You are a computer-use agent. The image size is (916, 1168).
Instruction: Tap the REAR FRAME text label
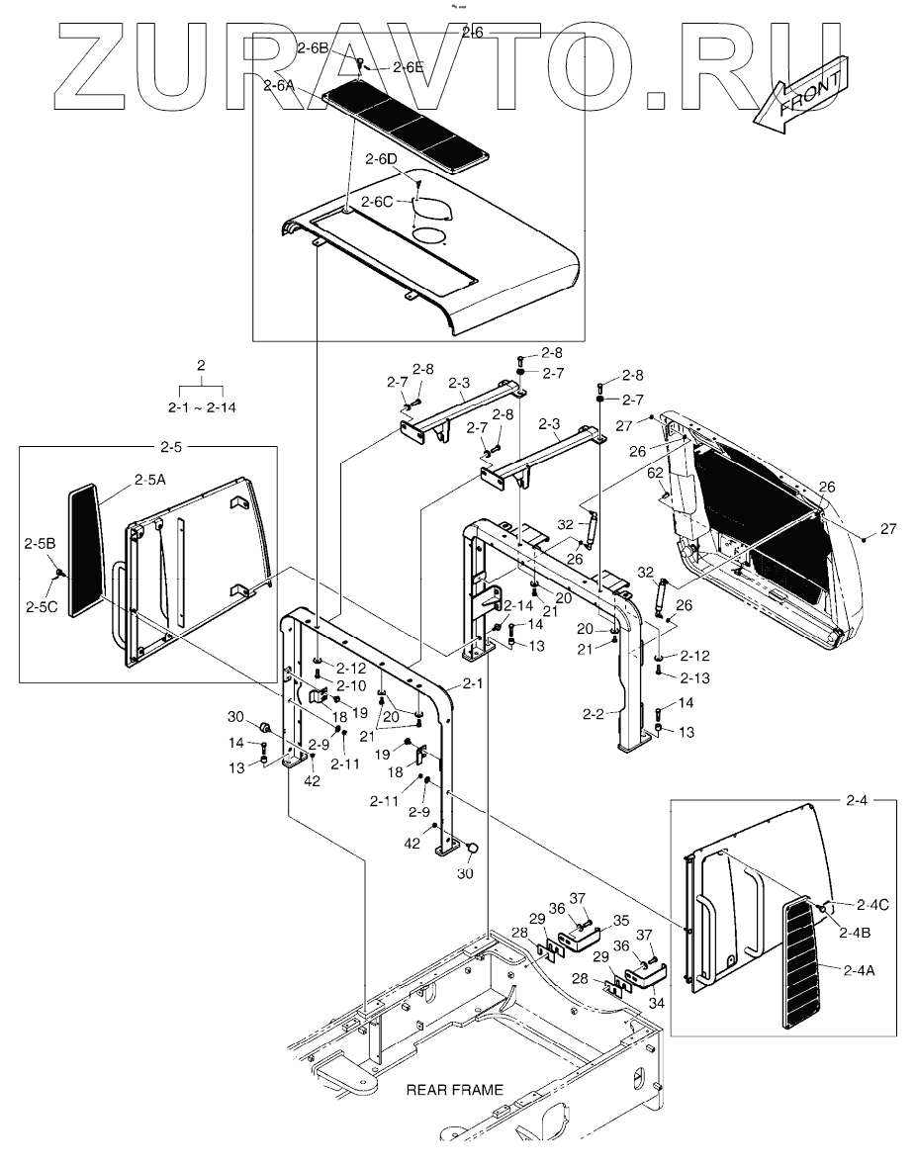point(454,1090)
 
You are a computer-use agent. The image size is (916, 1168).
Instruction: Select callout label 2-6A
point(281,86)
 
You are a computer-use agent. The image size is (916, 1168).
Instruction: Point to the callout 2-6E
point(408,67)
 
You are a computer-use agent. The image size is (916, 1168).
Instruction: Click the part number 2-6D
point(381,159)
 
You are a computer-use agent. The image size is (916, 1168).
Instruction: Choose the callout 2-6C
point(377,202)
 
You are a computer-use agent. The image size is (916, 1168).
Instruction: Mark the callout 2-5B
point(40,543)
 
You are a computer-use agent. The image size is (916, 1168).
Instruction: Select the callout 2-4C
point(872,904)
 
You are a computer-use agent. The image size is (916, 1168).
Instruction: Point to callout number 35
point(620,919)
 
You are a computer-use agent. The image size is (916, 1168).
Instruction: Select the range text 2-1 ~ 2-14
point(202,406)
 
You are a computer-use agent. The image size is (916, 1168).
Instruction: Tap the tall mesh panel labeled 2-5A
point(86,549)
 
